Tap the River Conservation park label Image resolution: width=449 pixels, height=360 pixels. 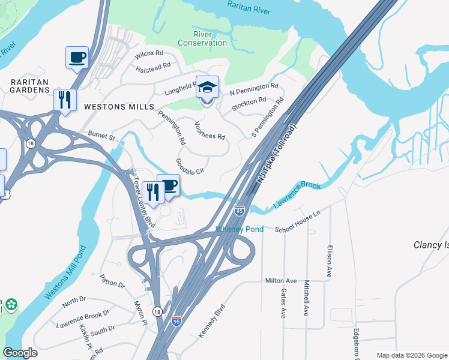pyautogui.click(x=202, y=38)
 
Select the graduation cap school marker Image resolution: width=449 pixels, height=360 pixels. pyautogui.click(x=207, y=88)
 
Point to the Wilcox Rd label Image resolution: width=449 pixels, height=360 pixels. pyautogui.click(x=149, y=53)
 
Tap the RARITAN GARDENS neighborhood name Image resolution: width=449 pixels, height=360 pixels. pyautogui.click(x=29, y=85)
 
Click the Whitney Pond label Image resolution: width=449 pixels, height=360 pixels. pyautogui.click(x=240, y=230)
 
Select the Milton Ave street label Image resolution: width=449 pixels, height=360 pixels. pyautogui.click(x=281, y=281)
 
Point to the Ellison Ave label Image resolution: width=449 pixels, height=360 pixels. pyautogui.click(x=329, y=262)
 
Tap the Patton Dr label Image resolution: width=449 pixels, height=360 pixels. pyautogui.click(x=112, y=281)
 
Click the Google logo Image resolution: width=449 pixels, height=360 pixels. pyautogui.click(x=20, y=353)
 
